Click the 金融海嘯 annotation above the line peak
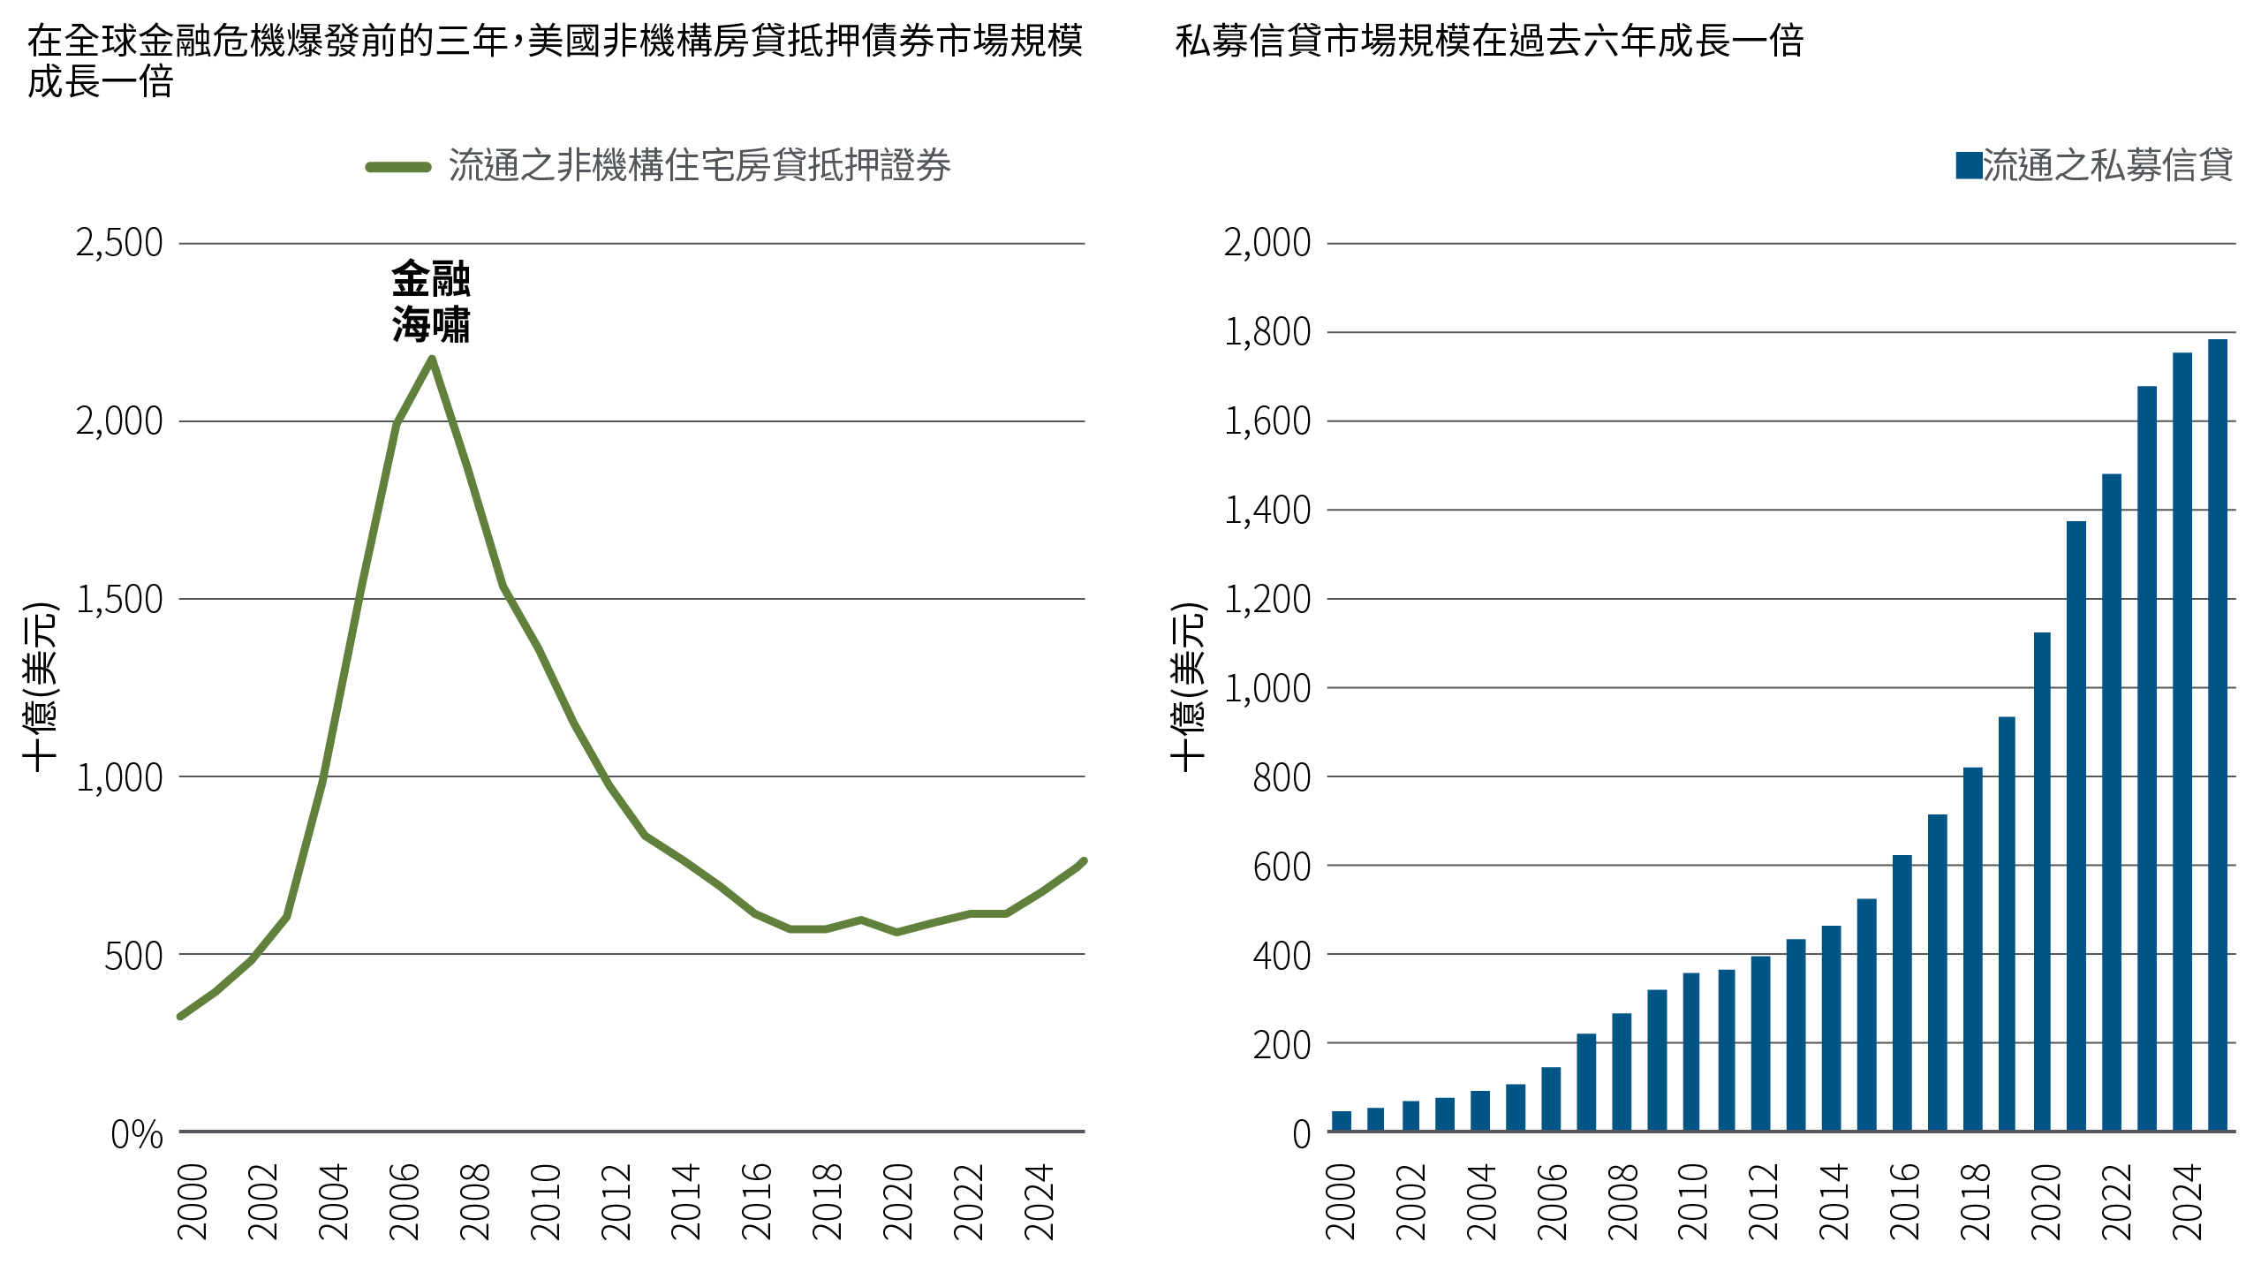[431, 302]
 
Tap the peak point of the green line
[431, 359]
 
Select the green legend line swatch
[398, 167]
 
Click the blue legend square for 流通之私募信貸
[1969, 166]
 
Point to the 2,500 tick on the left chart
[120, 243]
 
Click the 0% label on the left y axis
[137, 1134]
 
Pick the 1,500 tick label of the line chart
[120, 600]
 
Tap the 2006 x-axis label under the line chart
[405, 1201]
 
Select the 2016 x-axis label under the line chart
[758, 1201]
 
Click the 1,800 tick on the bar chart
[1267, 333]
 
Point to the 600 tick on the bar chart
[1282, 867]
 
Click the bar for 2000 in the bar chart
[1341, 1121]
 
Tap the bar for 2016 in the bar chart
[1902, 993]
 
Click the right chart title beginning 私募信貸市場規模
[1489, 42]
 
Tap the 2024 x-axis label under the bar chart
[2187, 1201]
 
